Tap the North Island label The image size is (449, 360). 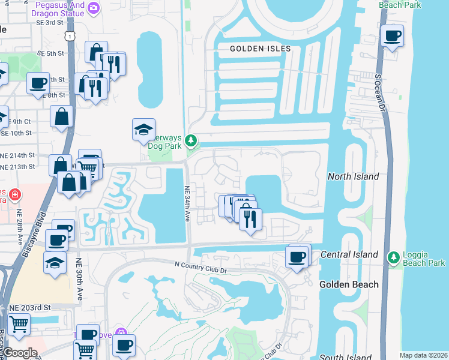[x=354, y=176]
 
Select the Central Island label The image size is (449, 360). [x=349, y=254]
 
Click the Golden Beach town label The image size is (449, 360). [x=349, y=284]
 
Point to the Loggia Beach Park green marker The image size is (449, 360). [x=394, y=257]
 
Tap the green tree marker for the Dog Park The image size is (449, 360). [x=191, y=141]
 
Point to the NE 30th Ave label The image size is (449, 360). [x=79, y=279]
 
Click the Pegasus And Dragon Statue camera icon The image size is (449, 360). [x=94, y=8]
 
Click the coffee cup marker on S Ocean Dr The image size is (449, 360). [x=393, y=37]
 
